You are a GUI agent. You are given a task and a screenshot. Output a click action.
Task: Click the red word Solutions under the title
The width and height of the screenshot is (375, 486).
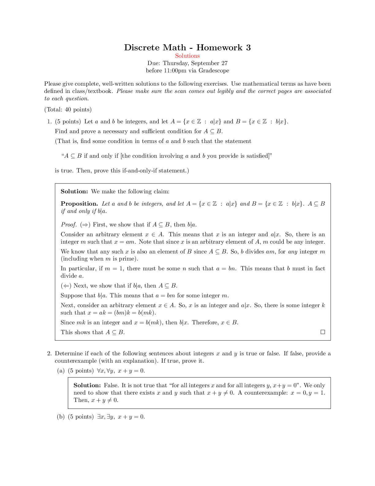click(x=187, y=56)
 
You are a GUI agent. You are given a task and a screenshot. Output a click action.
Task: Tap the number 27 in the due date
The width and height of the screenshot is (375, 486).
click(x=225, y=63)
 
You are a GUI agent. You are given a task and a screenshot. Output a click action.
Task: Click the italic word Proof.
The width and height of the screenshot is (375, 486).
click(x=68, y=225)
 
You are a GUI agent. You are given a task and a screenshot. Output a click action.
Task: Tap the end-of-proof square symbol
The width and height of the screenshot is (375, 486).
click(x=322, y=332)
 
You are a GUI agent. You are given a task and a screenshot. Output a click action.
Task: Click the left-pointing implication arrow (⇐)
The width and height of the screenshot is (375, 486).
click(x=66, y=286)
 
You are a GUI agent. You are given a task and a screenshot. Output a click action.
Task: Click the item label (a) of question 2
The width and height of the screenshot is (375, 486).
click(x=61, y=371)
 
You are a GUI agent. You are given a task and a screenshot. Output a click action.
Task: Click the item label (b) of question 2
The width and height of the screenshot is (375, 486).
click(x=61, y=417)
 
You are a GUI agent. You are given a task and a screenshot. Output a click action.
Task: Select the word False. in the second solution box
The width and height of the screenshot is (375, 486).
click(x=111, y=385)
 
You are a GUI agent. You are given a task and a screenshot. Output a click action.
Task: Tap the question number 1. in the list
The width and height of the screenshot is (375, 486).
click(x=49, y=121)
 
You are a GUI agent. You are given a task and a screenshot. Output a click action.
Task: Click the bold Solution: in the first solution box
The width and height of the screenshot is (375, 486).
click(x=74, y=191)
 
